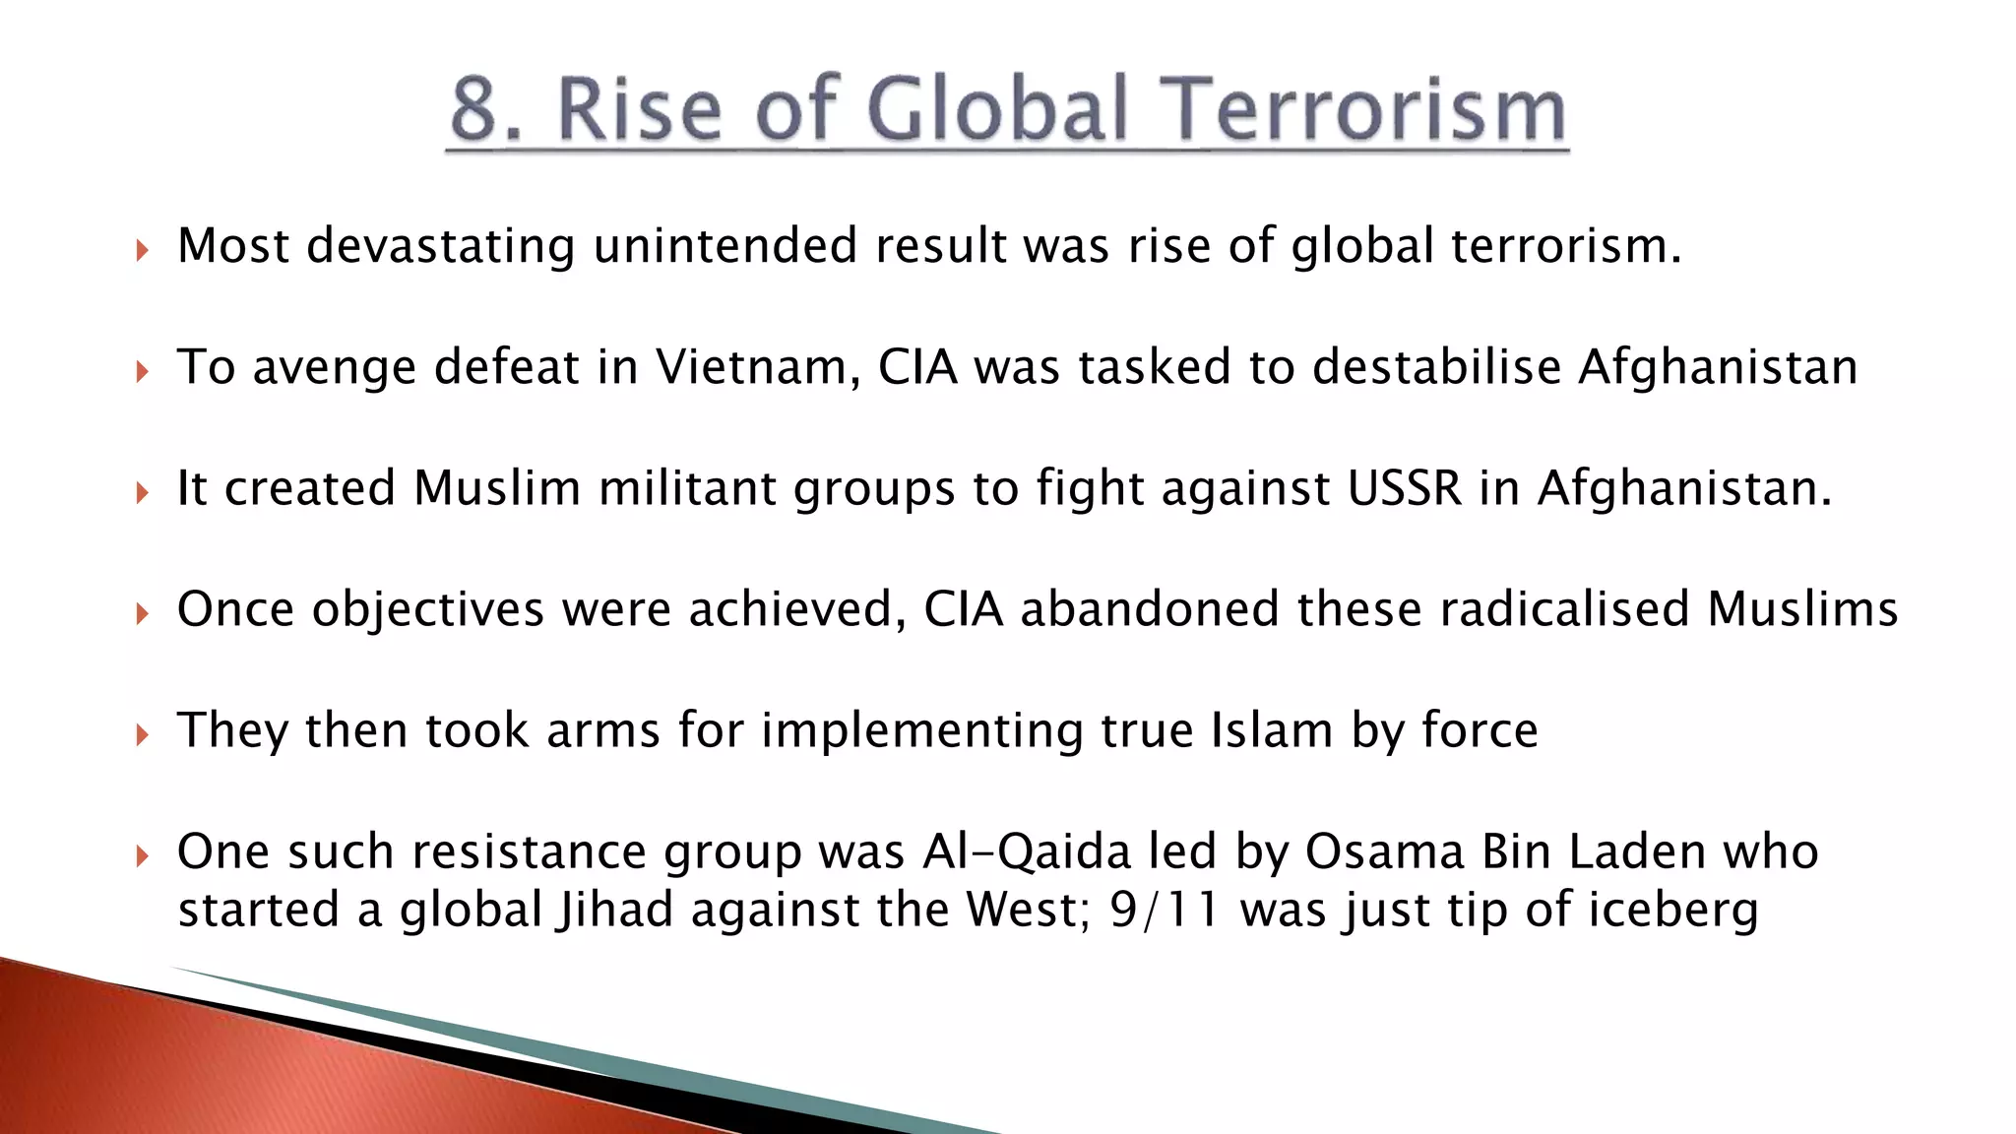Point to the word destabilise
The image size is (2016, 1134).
pos(1436,367)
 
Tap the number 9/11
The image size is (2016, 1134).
pos(1165,910)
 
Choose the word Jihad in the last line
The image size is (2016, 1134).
pos(614,910)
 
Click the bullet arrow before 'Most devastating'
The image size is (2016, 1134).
pos(143,250)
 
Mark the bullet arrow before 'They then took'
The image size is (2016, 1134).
pos(143,734)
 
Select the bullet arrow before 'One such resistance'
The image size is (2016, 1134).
pos(143,855)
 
